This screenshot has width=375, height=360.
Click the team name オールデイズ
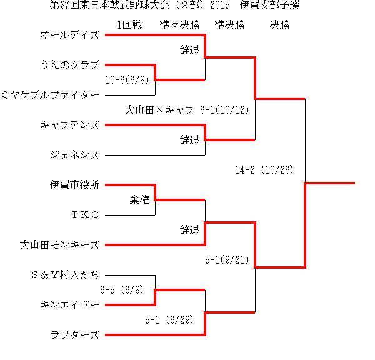pos(69,35)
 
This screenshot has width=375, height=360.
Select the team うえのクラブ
pos(70,65)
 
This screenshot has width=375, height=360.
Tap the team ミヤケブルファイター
pos(50,95)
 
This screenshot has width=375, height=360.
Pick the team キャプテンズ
pos(69,125)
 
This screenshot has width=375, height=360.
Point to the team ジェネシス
pos(74,155)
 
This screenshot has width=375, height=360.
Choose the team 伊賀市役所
pos(74,185)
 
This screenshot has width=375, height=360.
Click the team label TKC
pos(85,215)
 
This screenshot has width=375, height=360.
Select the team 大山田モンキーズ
pos(59,245)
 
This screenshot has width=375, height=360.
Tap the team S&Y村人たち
pos(65,275)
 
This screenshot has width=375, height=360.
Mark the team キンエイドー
pos(69,305)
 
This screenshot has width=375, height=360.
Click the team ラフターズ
pos(74,334)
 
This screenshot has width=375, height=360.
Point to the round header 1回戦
pos(129,25)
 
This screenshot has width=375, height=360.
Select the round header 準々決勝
pos(180,25)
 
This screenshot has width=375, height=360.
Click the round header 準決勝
pos(229,25)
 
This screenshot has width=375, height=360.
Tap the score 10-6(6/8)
pos(127,79)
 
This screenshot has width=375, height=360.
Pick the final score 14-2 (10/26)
pos(264,170)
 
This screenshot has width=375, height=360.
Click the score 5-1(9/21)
pos(227,260)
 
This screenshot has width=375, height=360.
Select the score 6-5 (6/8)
pos(121,290)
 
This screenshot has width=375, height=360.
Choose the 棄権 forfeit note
pos(139,200)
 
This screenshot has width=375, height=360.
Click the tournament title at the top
pos(174,5)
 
